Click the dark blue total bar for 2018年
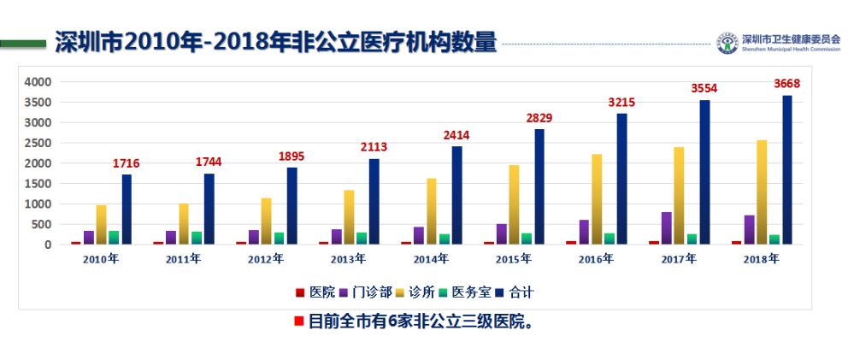[787, 170]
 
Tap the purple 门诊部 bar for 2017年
[666, 227]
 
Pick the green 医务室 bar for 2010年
[114, 237]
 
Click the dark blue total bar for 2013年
[374, 202]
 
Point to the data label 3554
[704, 88]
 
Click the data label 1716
[126, 163]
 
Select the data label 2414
[456, 135]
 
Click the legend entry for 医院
[315, 292]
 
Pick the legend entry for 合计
[515, 292]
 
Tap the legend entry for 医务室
[466, 292]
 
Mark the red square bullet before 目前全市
[298, 322]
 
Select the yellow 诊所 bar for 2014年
[432, 211]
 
